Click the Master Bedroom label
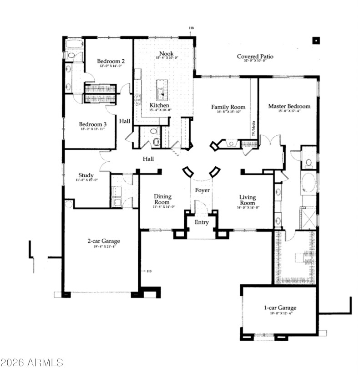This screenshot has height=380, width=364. click(x=289, y=106)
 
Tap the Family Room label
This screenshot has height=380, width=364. click(x=228, y=107)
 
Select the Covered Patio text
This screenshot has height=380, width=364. click(x=255, y=56)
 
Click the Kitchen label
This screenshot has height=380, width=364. click(x=160, y=105)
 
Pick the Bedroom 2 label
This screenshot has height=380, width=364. click(x=111, y=61)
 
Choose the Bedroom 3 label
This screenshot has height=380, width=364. click(x=93, y=124)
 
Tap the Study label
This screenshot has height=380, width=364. click(x=86, y=175)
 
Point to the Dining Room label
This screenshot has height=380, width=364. click(x=162, y=199)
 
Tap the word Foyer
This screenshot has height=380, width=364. click(x=202, y=190)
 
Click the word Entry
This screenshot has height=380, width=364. click(x=202, y=222)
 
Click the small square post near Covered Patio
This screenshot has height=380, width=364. click(x=315, y=40)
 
